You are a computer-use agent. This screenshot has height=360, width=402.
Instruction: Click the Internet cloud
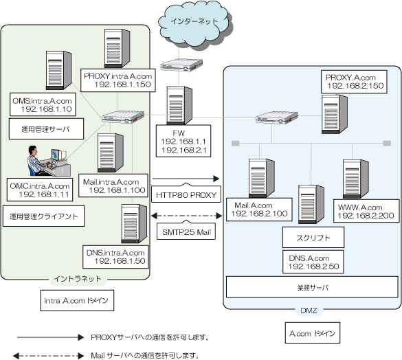click(195, 24)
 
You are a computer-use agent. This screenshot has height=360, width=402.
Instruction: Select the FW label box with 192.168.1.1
click(183, 141)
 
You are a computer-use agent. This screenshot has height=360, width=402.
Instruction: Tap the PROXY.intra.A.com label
click(118, 80)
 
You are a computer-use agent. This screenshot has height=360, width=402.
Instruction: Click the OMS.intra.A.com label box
click(43, 104)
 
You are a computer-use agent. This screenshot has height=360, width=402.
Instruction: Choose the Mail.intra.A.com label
click(113, 185)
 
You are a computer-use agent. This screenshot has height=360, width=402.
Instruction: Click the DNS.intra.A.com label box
click(115, 257)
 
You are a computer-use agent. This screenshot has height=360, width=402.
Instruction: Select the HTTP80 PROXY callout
click(186, 194)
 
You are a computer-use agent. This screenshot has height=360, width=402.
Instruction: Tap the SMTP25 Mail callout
click(186, 231)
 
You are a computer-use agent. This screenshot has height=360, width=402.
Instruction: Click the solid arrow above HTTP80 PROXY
click(186, 179)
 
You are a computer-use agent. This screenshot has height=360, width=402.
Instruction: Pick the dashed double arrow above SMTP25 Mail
click(186, 216)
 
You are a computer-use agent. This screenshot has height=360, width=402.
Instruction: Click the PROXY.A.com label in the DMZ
click(354, 82)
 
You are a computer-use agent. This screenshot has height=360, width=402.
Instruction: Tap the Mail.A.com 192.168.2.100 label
click(259, 210)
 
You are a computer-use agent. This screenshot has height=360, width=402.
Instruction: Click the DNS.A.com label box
click(313, 262)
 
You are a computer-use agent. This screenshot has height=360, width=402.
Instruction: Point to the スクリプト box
click(313, 237)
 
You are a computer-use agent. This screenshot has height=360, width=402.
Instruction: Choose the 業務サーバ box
click(312, 287)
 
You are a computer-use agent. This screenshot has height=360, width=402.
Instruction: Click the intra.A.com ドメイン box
click(77, 300)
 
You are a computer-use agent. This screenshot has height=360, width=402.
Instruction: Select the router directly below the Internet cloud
click(181, 65)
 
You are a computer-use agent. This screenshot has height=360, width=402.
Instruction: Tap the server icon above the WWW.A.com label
click(356, 179)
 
